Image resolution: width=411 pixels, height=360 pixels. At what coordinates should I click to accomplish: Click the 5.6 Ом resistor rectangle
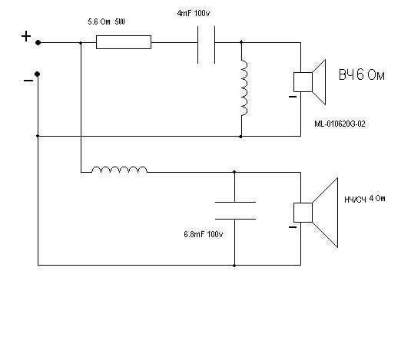click(x=124, y=42)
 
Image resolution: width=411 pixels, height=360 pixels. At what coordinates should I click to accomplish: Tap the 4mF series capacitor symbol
click(x=207, y=45)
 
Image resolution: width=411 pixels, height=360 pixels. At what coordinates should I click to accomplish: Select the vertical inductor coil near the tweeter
click(x=244, y=88)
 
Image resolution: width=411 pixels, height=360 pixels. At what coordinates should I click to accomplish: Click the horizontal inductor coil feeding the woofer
click(x=120, y=170)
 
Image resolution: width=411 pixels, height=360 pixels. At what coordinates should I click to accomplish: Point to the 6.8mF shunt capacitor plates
click(x=235, y=210)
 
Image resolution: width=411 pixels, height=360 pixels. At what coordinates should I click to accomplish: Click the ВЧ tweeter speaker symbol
click(x=310, y=82)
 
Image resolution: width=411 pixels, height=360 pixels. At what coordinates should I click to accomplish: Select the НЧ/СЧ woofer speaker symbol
click(x=316, y=213)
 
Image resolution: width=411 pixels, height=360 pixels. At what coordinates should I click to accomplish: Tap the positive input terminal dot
click(x=38, y=42)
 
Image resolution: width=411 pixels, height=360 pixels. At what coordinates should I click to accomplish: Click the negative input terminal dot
click(x=37, y=74)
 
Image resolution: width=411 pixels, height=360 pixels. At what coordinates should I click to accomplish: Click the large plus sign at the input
click(x=26, y=36)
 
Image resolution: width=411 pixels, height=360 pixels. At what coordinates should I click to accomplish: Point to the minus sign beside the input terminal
click(x=28, y=81)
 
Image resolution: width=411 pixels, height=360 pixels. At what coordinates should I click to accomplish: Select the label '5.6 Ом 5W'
click(x=107, y=21)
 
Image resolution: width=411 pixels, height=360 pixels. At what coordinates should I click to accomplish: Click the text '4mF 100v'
click(x=194, y=13)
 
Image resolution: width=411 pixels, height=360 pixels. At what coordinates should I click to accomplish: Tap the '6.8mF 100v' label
click(x=204, y=234)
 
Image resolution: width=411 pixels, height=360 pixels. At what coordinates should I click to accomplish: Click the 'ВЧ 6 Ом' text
click(x=362, y=74)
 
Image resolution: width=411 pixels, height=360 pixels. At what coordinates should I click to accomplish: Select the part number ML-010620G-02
click(x=340, y=124)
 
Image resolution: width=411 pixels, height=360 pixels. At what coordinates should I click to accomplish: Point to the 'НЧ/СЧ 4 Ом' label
click(x=365, y=199)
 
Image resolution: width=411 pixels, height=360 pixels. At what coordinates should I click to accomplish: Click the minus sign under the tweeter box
click(x=293, y=97)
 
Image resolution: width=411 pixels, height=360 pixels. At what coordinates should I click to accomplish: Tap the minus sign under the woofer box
click(x=293, y=227)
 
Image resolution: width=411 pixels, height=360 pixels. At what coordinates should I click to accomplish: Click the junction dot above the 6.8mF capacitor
click(x=234, y=172)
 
